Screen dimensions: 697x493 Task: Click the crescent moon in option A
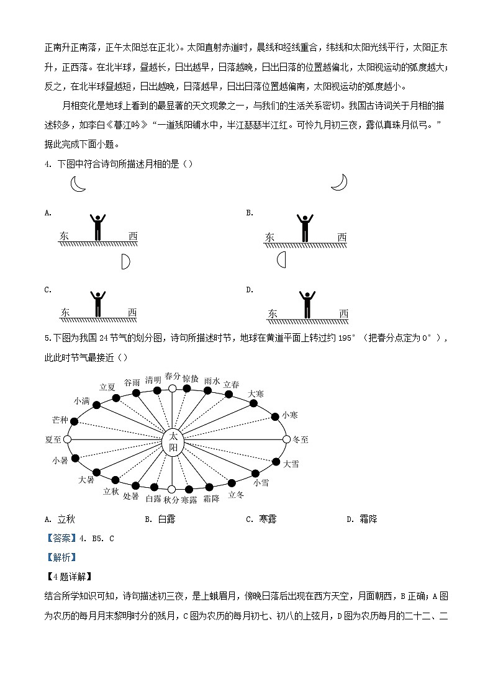[x=77, y=184]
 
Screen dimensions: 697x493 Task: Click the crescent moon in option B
[x=339, y=182]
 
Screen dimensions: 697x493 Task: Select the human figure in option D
[x=306, y=304]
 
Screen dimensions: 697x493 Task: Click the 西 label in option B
[x=342, y=237]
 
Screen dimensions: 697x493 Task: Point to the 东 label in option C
[x=65, y=313]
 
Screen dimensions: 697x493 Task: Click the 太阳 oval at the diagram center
[x=173, y=443]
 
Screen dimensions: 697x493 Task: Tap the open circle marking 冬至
[x=286, y=439]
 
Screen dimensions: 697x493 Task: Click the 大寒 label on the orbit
[x=256, y=393]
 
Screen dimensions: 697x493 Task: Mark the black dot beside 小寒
[x=275, y=416]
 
